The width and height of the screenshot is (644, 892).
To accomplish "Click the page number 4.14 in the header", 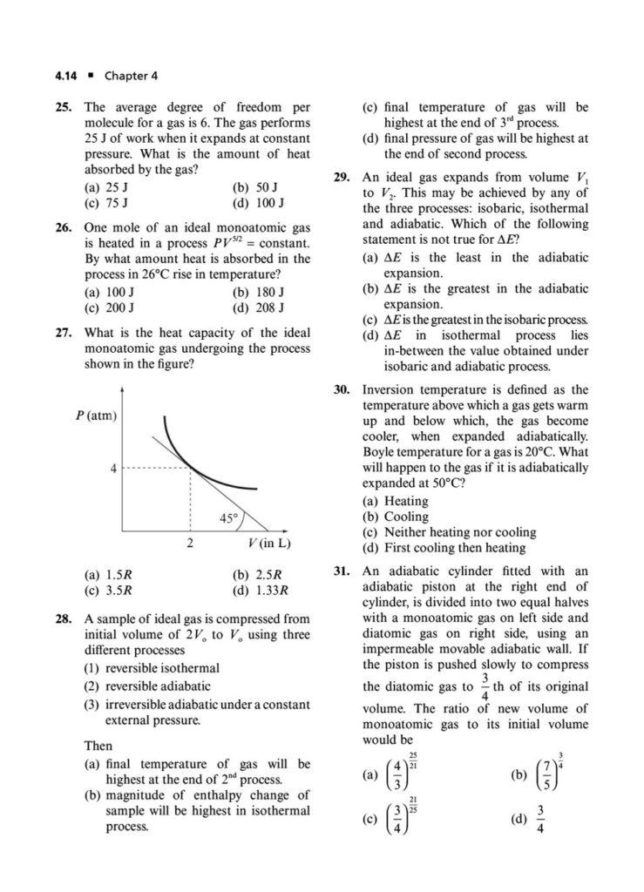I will click(66, 75).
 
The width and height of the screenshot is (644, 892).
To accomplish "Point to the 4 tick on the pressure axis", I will click(112, 469).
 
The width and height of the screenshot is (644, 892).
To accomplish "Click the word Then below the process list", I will click(98, 747).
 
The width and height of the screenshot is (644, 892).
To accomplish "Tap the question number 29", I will click(342, 177).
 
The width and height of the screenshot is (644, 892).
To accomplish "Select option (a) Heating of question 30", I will click(395, 501).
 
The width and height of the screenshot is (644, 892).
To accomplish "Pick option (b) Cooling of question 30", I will click(395, 517).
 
